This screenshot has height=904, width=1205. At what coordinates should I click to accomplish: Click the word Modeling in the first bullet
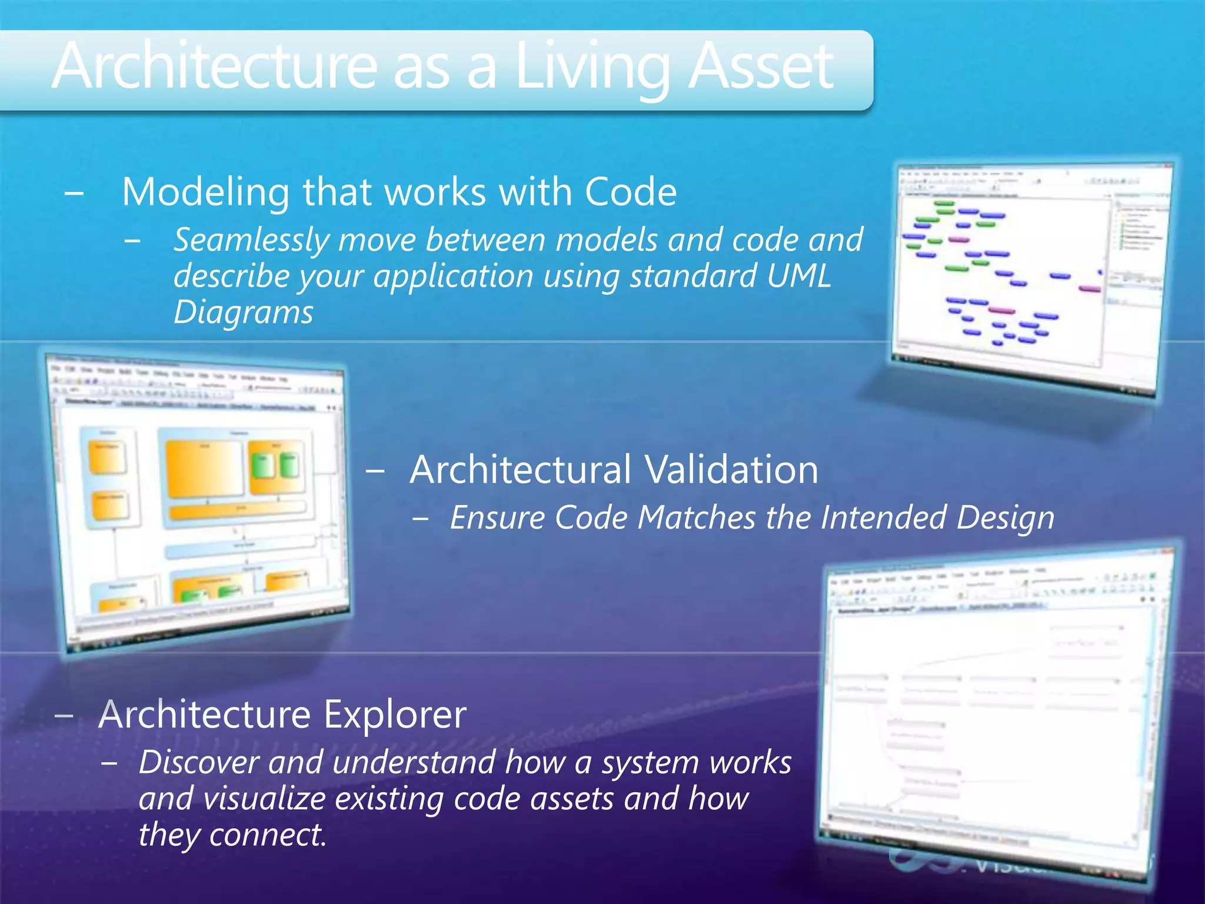pyautogui.click(x=205, y=192)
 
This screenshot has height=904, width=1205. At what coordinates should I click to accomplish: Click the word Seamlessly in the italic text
pyautogui.click(x=251, y=241)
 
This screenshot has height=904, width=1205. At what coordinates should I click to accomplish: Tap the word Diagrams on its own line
pyautogui.click(x=243, y=313)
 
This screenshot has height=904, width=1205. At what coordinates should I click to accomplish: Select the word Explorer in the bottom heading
pyautogui.click(x=395, y=714)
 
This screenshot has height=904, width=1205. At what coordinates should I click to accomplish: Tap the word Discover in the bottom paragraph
pyautogui.click(x=199, y=763)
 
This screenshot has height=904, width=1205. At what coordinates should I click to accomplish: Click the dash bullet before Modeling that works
pyautogui.click(x=74, y=192)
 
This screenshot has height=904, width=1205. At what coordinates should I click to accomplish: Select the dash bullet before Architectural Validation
pyautogui.click(x=375, y=470)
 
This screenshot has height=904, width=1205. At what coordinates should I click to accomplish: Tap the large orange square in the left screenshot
pyautogui.click(x=204, y=468)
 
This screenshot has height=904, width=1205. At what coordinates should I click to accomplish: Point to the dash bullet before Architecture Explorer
pyautogui.click(x=64, y=715)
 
